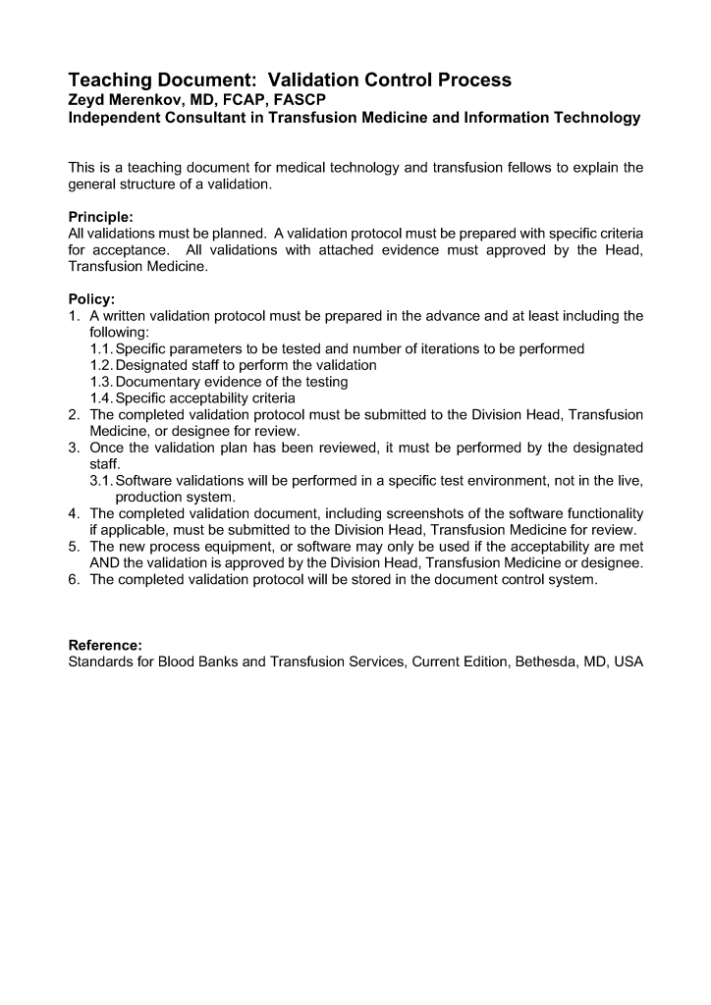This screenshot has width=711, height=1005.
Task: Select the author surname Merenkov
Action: [148, 99]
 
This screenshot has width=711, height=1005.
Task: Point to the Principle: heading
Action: [103, 216]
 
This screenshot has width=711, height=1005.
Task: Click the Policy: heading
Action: [91, 298]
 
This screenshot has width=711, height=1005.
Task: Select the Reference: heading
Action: [105, 645]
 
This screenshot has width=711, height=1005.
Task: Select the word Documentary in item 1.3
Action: [159, 382]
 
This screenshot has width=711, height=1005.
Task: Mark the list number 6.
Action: [75, 579]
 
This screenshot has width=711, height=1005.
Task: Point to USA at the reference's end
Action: [627, 661]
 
